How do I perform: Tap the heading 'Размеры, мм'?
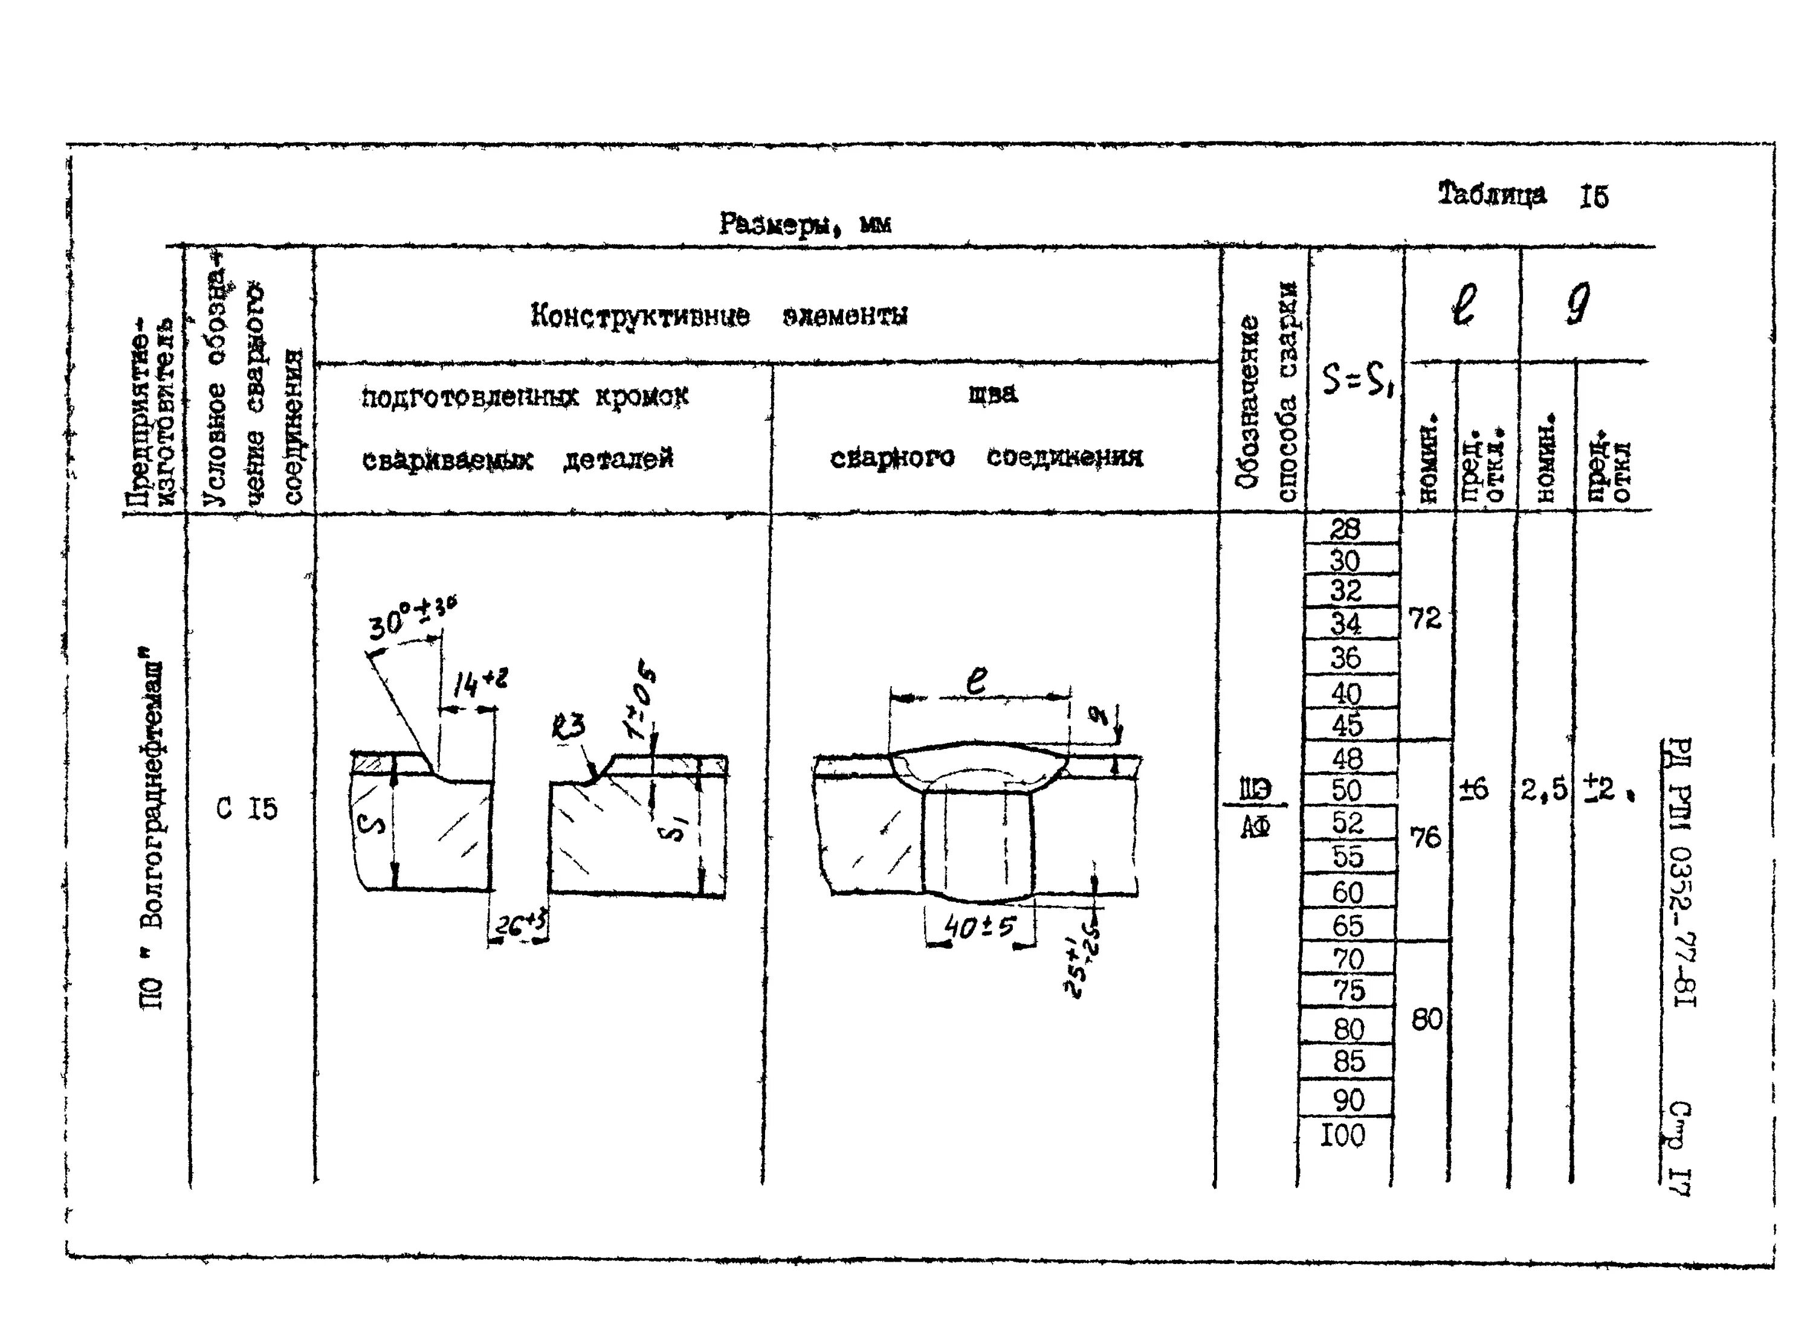tap(805, 225)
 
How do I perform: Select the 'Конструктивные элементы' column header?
tap(719, 316)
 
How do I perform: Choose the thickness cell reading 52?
tap(1347, 823)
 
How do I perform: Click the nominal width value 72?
tap(1425, 618)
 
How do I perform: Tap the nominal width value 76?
tap(1425, 837)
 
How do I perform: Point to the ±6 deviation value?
tap(1473, 789)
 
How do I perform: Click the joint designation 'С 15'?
tap(247, 809)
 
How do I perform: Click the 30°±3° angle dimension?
tap(411, 617)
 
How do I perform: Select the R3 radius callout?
tap(567, 726)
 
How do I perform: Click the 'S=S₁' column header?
tap(1357, 382)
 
